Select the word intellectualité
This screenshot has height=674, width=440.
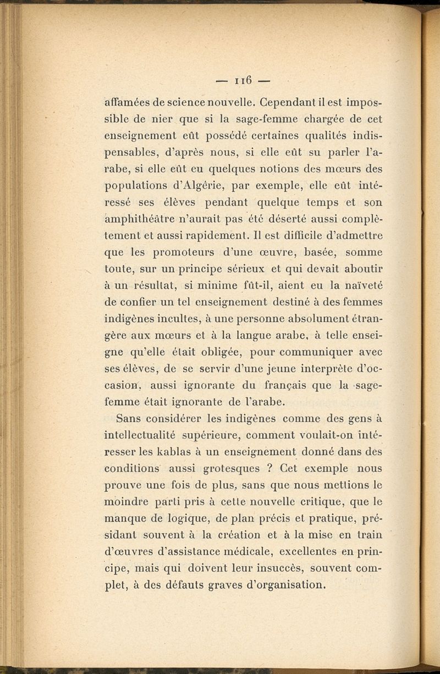tap(140, 436)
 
